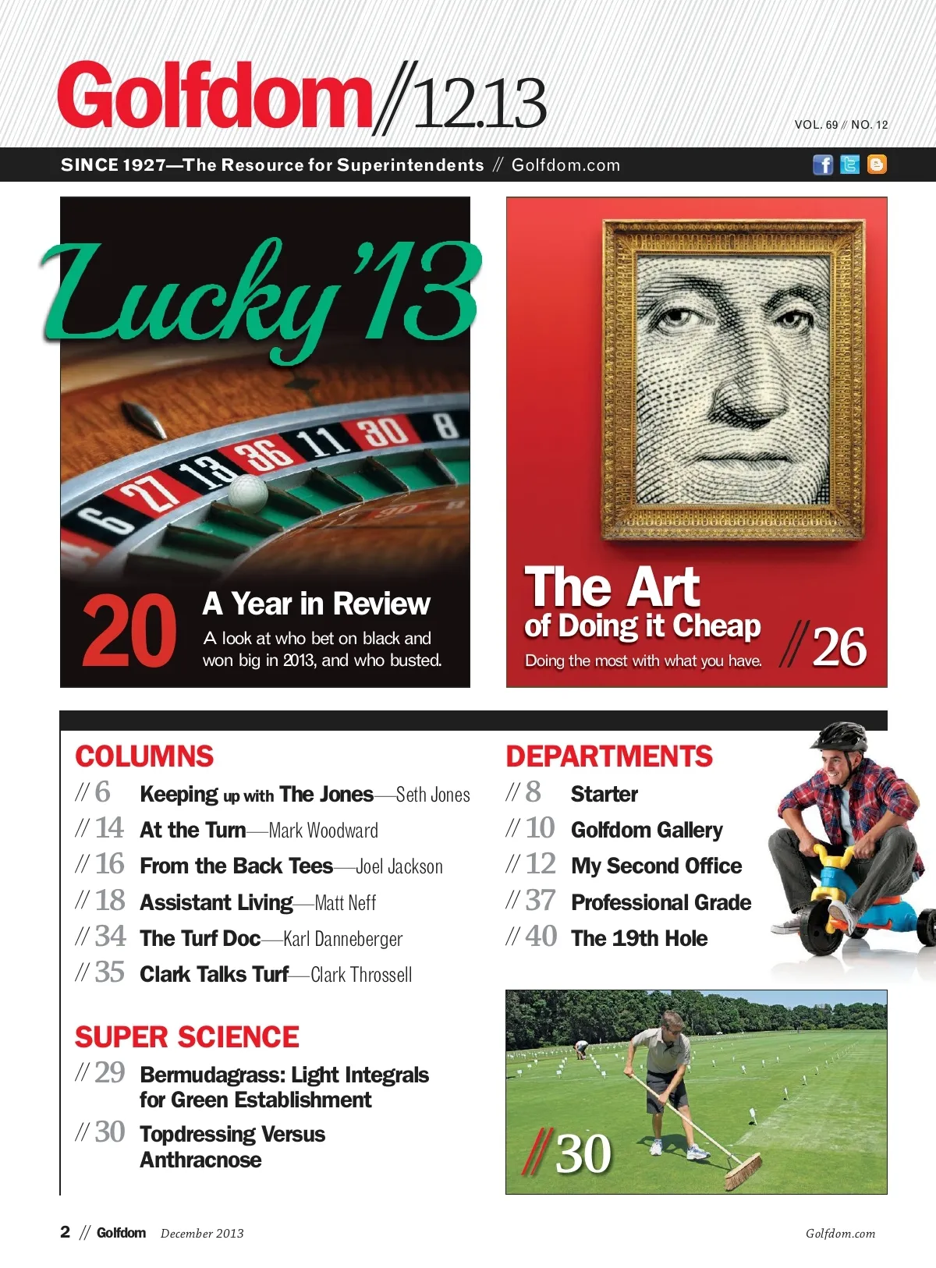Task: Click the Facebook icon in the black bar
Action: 823,165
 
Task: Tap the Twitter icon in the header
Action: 850,165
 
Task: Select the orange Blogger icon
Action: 877,165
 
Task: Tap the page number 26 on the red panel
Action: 839,647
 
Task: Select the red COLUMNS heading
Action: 144,756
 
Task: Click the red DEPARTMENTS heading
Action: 609,756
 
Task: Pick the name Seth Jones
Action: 433,795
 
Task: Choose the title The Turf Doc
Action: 200,938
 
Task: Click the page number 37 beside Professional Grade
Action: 541,901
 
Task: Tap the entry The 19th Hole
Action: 640,938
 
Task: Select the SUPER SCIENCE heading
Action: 187,1037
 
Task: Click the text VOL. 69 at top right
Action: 816,125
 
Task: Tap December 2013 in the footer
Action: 202,1233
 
